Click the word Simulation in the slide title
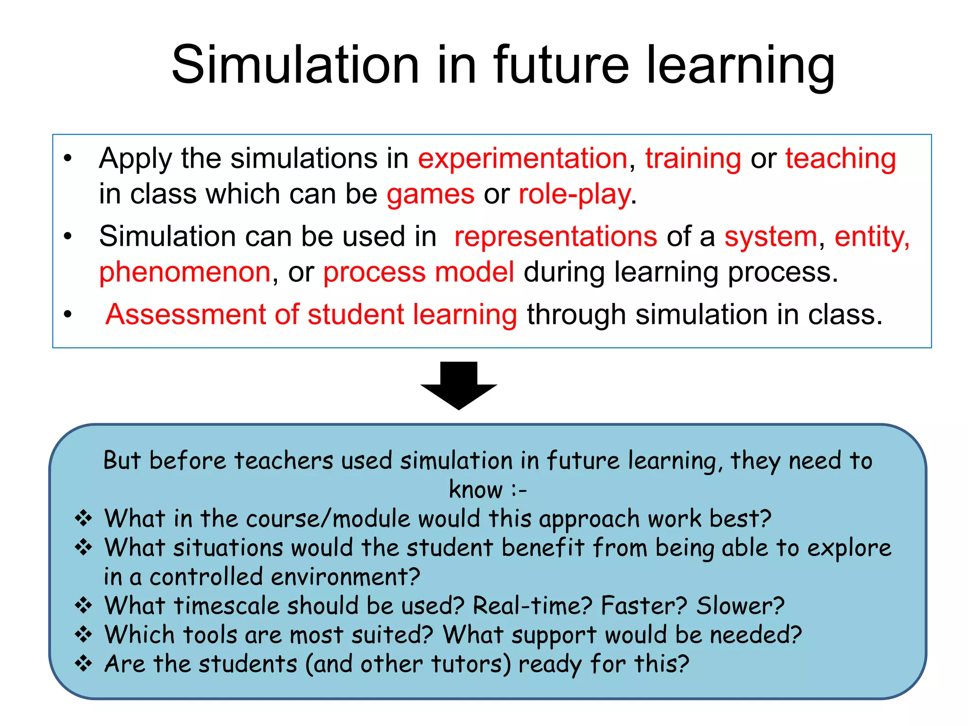tap(295, 65)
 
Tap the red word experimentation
tap(523, 158)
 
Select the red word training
tap(693, 158)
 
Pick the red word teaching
tap(841, 158)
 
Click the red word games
tap(430, 194)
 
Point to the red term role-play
tap(575, 194)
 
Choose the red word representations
tap(555, 236)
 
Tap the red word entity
tap(871, 236)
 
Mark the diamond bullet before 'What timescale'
tap(84, 605)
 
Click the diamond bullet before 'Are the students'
tap(84, 664)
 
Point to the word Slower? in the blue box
tap(740, 605)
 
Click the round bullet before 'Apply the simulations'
tap(68, 159)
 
